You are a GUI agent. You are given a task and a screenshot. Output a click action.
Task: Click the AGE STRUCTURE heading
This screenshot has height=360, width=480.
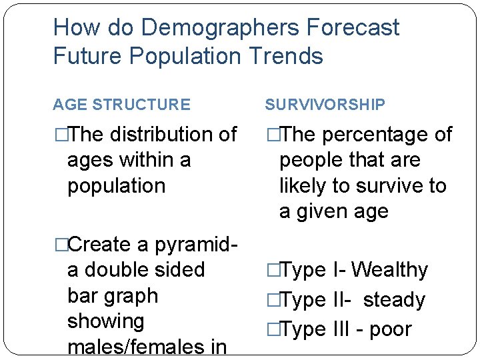121,105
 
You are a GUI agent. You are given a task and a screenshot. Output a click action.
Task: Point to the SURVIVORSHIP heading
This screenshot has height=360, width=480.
325,105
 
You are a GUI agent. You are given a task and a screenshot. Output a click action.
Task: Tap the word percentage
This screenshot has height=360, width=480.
374,135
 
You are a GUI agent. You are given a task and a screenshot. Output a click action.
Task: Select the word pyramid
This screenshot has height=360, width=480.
193,245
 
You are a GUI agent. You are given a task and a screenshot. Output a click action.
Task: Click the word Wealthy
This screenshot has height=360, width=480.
389,270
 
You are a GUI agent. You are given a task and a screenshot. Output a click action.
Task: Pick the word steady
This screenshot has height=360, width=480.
393,300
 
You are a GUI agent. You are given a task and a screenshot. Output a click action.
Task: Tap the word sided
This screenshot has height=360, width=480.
181,270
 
